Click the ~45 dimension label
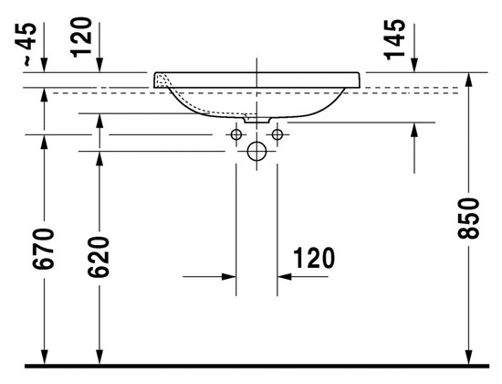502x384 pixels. [26, 44]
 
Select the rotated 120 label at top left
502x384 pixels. [81, 37]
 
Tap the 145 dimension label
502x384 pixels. [395, 39]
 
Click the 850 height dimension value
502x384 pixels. [469, 219]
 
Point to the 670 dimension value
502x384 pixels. [44, 249]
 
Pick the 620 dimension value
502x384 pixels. [99, 256]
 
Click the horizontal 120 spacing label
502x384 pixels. [314, 258]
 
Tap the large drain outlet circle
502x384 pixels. [256, 152]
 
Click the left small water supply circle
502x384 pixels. [236, 134]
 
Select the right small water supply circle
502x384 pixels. [277, 134]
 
